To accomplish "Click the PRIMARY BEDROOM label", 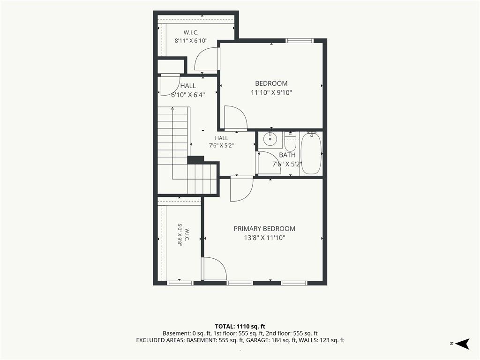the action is click(264, 229).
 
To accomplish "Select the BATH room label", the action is click(287, 155).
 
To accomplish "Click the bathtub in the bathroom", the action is click(311, 153).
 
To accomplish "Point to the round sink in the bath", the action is click(270, 140).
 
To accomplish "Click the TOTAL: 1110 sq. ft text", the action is click(240, 326).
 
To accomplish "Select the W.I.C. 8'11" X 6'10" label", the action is click(191, 37).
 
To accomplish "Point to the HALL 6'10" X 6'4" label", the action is click(188, 90).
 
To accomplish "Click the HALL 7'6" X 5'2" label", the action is click(221, 142).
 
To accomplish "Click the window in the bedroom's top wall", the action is click(300, 40).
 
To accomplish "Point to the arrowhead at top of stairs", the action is click(172, 108).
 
